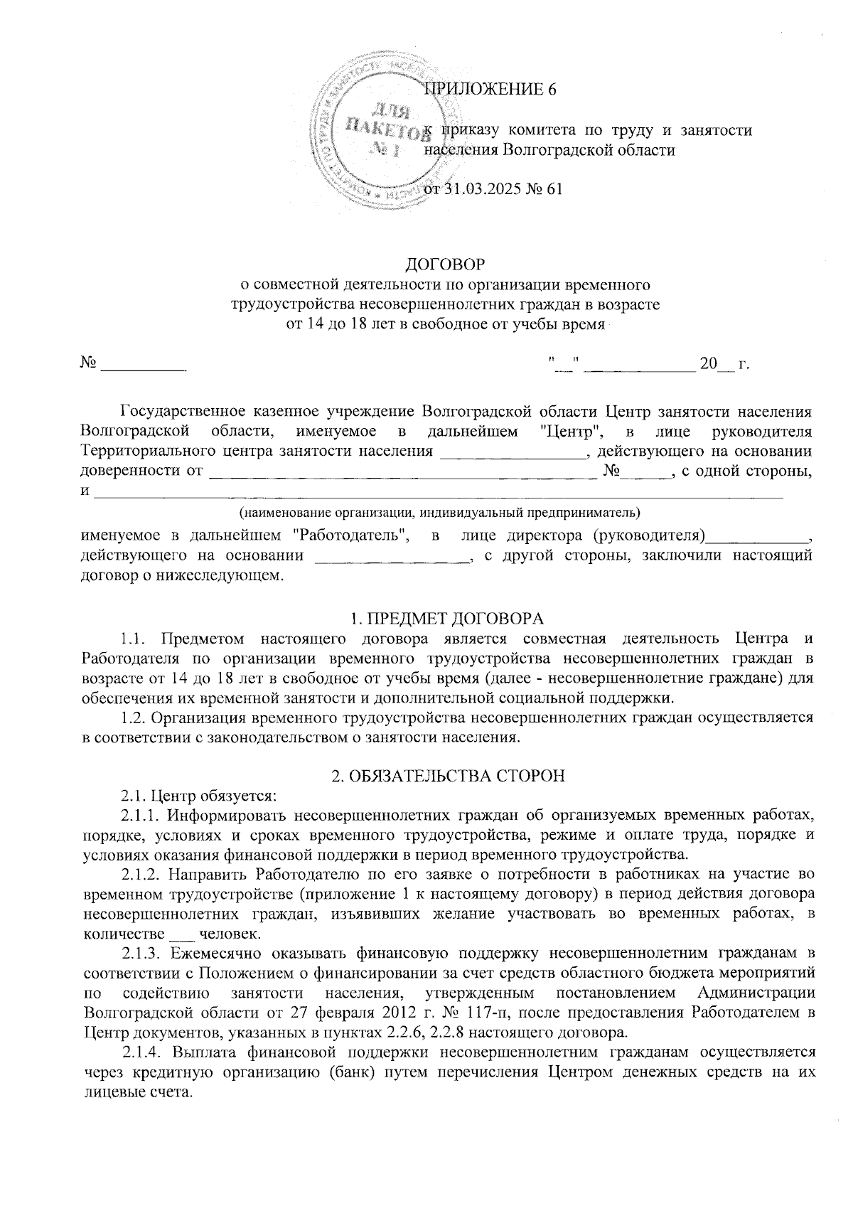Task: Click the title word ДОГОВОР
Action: (x=445, y=265)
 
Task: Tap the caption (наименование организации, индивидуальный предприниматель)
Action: (x=439, y=512)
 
